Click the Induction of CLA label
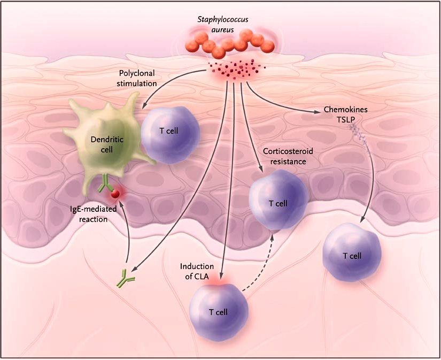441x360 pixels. tap(197, 271)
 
